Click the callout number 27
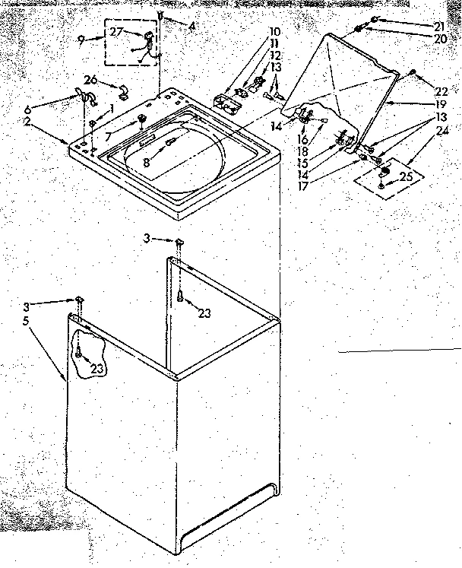(116, 31)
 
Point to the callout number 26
(90, 80)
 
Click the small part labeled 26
(122, 92)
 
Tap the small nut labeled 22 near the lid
(412, 73)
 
